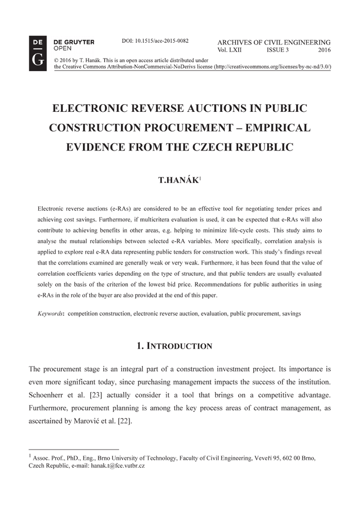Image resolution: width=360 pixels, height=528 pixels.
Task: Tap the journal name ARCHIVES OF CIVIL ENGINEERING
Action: click(x=274, y=42)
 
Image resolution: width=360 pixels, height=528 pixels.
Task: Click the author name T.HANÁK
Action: click(x=177, y=180)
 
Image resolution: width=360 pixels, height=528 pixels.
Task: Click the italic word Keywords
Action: click(x=51, y=313)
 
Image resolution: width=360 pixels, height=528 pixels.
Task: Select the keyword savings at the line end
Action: click(x=291, y=313)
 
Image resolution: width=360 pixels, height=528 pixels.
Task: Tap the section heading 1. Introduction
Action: click(x=174, y=346)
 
